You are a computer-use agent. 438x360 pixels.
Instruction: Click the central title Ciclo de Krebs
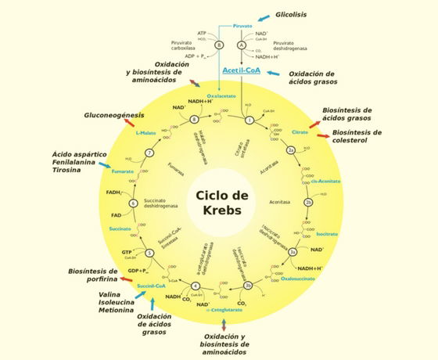coord(220,203)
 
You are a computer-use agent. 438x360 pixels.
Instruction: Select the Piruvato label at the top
coord(243,26)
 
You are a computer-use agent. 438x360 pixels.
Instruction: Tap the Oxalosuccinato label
coord(298,277)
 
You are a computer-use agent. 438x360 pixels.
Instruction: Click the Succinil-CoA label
coord(151,286)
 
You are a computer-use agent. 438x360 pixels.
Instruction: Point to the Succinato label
coord(120,229)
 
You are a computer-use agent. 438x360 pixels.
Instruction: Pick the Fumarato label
coord(122,171)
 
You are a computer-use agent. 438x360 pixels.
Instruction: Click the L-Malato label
coord(147,134)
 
